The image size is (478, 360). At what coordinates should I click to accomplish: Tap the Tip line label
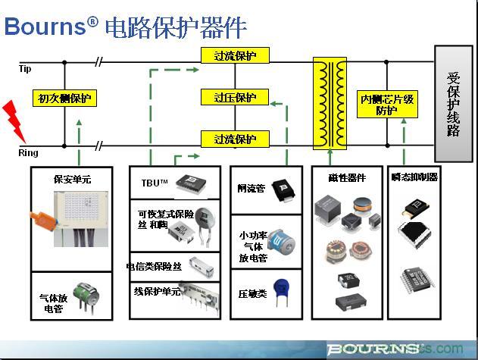pyautogui.click(x=25, y=69)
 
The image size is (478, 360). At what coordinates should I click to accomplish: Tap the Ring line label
pyautogui.click(x=27, y=154)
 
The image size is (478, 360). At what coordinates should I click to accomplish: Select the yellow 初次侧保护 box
pyautogui.click(x=64, y=99)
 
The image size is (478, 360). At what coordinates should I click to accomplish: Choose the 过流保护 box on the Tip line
pyautogui.click(x=236, y=56)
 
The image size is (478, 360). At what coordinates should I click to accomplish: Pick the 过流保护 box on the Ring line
pyautogui.click(x=236, y=139)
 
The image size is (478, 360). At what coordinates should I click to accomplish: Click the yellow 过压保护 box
pyautogui.click(x=236, y=98)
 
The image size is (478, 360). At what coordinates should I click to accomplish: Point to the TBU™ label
pyautogui.click(x=154, y=183)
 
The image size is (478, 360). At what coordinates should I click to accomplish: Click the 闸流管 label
pyautogui.click(x=251, y=188)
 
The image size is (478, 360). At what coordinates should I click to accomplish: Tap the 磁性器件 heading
pyautogui.click(x=349, y=178)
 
